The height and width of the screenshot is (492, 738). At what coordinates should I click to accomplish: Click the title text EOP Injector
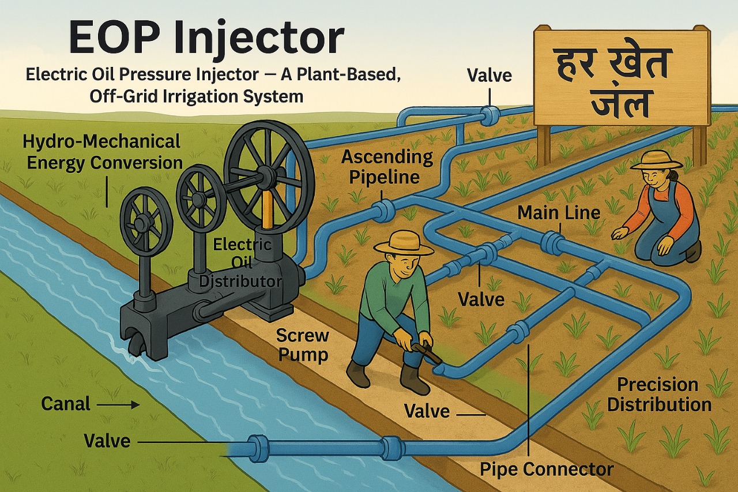(206, 39)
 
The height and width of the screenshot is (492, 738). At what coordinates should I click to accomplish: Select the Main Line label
(559, 212)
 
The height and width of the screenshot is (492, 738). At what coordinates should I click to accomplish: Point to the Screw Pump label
(302, 345)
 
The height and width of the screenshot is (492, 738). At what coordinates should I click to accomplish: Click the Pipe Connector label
(547, 469)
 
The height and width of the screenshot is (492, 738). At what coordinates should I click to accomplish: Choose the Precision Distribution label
(659, 395)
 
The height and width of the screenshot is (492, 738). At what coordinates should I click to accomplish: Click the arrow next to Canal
(119, 404)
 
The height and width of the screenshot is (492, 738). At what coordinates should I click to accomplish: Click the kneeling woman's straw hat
(656, 159)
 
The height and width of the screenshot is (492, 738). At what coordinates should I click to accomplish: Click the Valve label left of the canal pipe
(107, 441)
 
